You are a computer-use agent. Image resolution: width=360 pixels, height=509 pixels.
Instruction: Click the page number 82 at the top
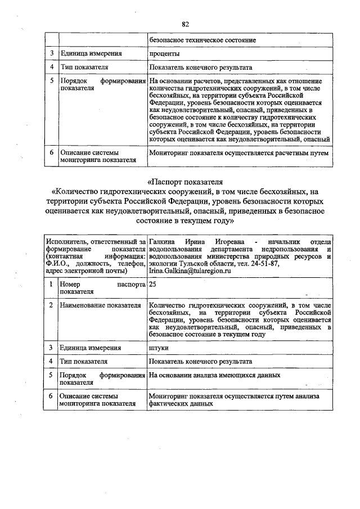pyautogui.click(x=185, y=24)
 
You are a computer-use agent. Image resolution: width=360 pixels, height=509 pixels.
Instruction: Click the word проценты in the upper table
pyautogui.click(x=164, y=54)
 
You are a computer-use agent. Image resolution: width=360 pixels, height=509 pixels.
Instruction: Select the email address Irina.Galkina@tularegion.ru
pyautogui.click(x=190, y=271)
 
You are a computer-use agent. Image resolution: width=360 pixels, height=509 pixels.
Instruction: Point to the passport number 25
pyautogui.click(x=152, y=285)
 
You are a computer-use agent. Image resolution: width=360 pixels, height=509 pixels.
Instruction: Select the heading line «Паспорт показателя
pyautogui.click(x=185, y=182)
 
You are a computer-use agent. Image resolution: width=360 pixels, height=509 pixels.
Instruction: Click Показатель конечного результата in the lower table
pyautogui.click(x=201, y=361)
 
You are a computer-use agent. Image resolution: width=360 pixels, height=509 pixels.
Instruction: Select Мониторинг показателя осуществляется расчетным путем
pyautogui.click(x=238, y=152)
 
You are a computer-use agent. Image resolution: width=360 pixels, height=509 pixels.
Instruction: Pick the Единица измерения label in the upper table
pyautogui.click(x=92, y=54)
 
